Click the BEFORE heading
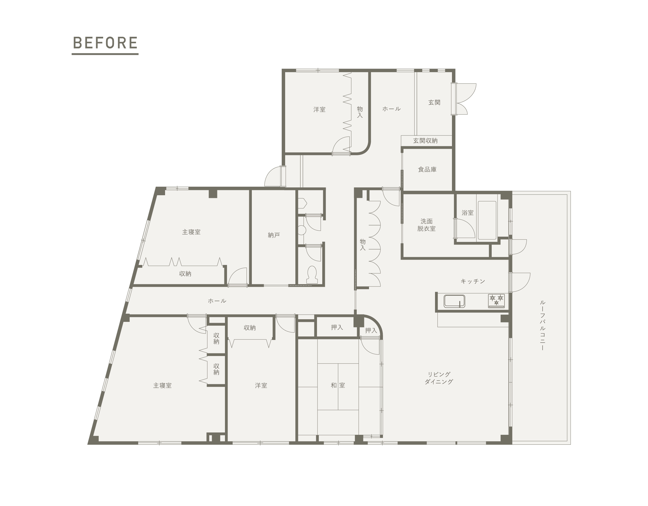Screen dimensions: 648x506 point(105,43)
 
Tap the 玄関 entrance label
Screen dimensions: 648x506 point(434,102)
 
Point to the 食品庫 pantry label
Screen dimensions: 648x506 point(427,170)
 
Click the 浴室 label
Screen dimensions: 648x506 point(468,213)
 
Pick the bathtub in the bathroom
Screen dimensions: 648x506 point(487,220)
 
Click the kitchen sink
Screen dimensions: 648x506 point(454,301)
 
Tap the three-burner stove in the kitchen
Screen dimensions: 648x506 point(496,301)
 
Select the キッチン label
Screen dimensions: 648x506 point(473,281)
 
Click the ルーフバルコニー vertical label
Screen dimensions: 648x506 point(542,325)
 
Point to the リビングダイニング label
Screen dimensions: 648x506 point(439,378)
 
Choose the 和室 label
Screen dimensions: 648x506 point(338,385)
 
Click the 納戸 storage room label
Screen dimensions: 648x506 point(274,235)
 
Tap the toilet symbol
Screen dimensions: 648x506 point(312,275)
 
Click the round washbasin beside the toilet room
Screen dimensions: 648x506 point(302,230)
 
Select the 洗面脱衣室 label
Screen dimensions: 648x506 point(426,225)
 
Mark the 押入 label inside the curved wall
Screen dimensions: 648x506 point(371,331)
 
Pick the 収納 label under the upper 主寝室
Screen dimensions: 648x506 point(185,274)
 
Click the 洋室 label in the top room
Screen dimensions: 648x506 point(320,110)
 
